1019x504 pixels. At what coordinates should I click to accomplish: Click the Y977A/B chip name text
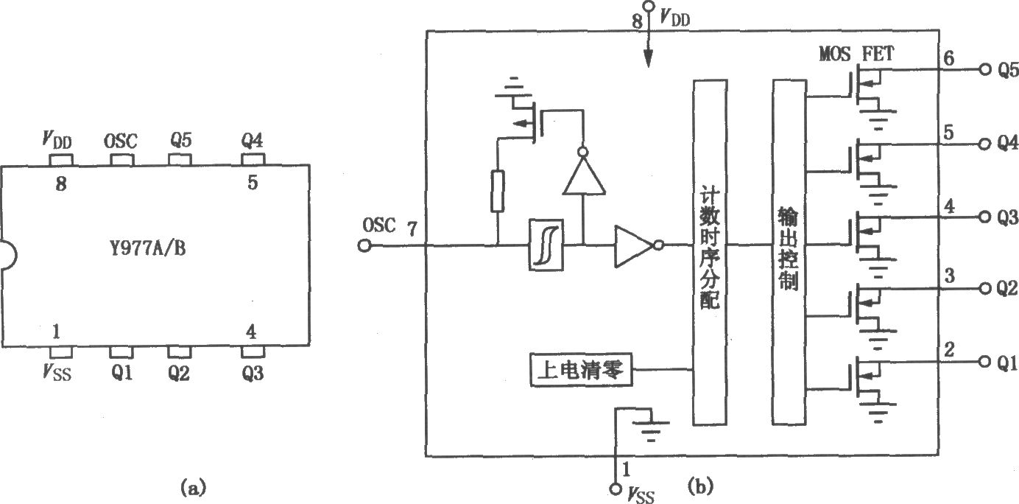(x=148, y=248)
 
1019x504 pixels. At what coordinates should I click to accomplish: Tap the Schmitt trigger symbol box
(x=546, y=245)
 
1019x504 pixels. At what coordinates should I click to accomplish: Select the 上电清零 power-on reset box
(x=582, y=370)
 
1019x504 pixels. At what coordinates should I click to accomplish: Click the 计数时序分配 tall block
(x=710, y=253)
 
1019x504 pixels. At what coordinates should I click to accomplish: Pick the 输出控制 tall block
(x=789, y=253)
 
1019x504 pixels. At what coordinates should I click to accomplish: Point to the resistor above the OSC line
(x=498, y=192)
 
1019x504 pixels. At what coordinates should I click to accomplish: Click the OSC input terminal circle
(x=364, y=246)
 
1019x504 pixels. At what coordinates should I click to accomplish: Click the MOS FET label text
(x=856, y=55)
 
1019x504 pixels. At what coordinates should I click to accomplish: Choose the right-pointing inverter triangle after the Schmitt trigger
(x=635, y=246)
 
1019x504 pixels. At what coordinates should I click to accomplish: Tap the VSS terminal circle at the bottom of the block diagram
(x=615, y=489)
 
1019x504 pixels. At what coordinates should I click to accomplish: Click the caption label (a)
(x=194, y=487)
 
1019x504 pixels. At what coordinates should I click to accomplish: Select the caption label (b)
(x=700, y=486)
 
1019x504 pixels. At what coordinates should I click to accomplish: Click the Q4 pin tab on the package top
(x=253, y=160)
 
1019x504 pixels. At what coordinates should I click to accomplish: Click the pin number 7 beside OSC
(x=412, y=228)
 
